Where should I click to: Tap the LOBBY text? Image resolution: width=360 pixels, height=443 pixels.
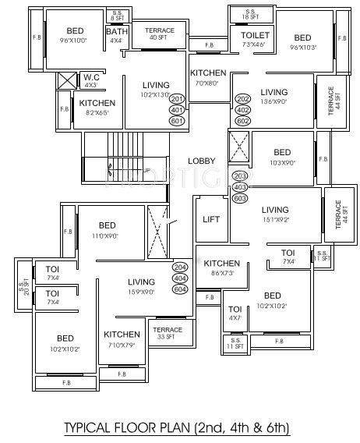coord(202,161)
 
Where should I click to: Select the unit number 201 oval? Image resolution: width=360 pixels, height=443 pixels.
coord(177,99)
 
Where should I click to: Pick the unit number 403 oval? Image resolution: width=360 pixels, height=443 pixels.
coord(240,187)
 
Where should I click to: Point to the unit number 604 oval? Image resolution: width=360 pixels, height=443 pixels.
coord(181,289)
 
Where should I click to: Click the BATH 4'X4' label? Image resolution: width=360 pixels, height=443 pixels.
coord(115,36)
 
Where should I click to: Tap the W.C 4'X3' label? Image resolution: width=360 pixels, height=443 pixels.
coord(91,80)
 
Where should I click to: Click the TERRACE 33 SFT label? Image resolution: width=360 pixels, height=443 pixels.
coord(167,333)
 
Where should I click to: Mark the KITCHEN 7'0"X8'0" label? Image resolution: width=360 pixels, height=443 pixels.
coord(208,77)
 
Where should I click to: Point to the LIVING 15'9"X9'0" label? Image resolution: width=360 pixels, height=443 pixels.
coord(142,286)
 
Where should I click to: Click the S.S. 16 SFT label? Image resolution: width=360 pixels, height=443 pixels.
coord(250,14)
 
